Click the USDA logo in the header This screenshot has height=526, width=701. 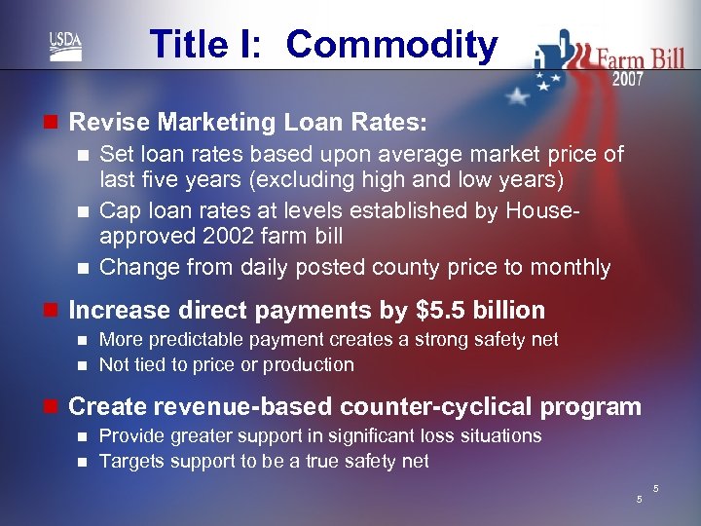click(x=66, y=45)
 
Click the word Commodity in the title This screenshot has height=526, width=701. click(x=391, y=45)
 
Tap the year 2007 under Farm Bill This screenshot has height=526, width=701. click(x=627, y=80)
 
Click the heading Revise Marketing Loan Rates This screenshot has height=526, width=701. click(x=248, y=123)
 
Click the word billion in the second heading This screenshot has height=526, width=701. click(x=510, y=311)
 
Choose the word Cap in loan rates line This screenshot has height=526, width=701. click(x=118, y=210)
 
